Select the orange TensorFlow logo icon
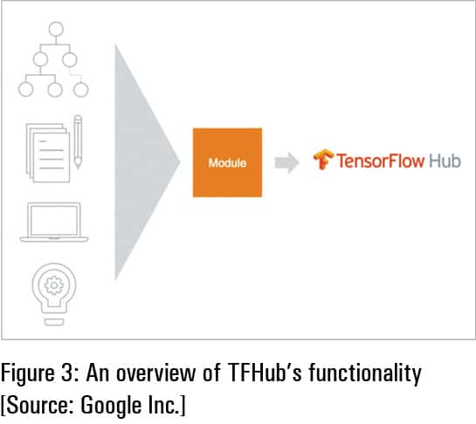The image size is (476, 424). [324, 161]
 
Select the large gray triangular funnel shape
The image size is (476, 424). [144, 161]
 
